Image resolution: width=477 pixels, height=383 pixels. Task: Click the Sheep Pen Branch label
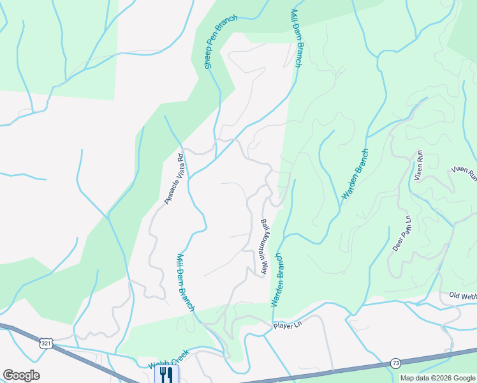point(221,42)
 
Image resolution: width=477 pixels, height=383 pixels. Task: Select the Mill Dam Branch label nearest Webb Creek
point(185,283)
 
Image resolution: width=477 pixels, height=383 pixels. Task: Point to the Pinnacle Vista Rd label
point(174,178)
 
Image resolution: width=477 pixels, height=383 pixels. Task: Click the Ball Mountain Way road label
point(263,247)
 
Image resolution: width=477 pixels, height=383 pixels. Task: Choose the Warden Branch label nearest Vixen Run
point(356,175)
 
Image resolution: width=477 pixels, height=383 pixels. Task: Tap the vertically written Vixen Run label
point(418,165)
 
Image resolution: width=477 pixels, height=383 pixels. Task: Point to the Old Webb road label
point(462,295)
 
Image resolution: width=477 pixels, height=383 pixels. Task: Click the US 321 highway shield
point(46,343)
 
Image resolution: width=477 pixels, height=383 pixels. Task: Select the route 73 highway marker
point(396,363)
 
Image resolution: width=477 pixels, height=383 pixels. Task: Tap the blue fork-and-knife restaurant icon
point(166,374)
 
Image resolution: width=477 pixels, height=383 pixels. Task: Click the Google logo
point(21,375)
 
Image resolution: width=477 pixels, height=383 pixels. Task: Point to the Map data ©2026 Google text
point(437,378)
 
